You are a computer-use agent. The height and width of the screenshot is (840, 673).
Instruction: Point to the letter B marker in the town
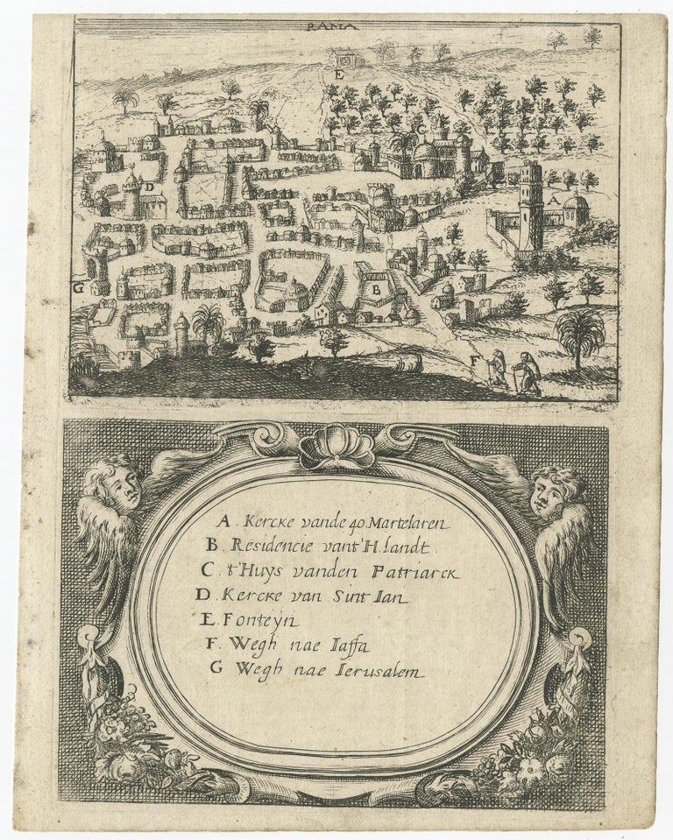click(374, 287)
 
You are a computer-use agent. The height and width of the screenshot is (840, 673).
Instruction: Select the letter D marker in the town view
click(152, 187)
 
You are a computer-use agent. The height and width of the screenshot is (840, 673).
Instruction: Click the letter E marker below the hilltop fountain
click(336, 74)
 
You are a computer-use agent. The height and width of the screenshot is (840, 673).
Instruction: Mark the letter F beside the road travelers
click(475, 358)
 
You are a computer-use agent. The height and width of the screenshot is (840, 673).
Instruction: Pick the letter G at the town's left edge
click(78, 286)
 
